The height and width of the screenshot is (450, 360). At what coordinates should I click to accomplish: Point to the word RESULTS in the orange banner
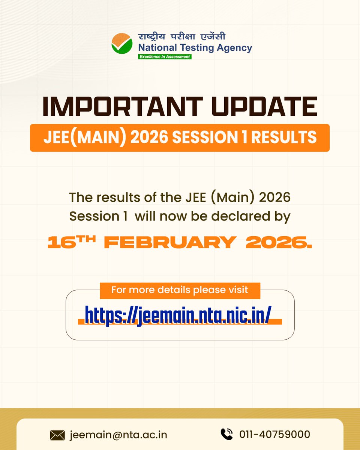[x=284, y=138]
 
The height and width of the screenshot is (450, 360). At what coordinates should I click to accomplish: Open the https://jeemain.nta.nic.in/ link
[x=178, y=315]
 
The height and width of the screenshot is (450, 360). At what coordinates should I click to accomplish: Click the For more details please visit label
[x=180, y=290]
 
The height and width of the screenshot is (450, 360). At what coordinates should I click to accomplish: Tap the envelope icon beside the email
[x=57, y=435]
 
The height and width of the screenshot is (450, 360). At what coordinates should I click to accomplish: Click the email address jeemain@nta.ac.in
[x=118, y=435]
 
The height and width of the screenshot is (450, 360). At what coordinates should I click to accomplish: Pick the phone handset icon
[x=226, y=434]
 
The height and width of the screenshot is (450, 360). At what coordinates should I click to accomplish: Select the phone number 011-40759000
[x=275, y=435]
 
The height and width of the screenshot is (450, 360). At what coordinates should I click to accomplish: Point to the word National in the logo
[x=154, y=48]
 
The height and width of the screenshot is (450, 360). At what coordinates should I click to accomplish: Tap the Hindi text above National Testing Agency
[x=182, y=37]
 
